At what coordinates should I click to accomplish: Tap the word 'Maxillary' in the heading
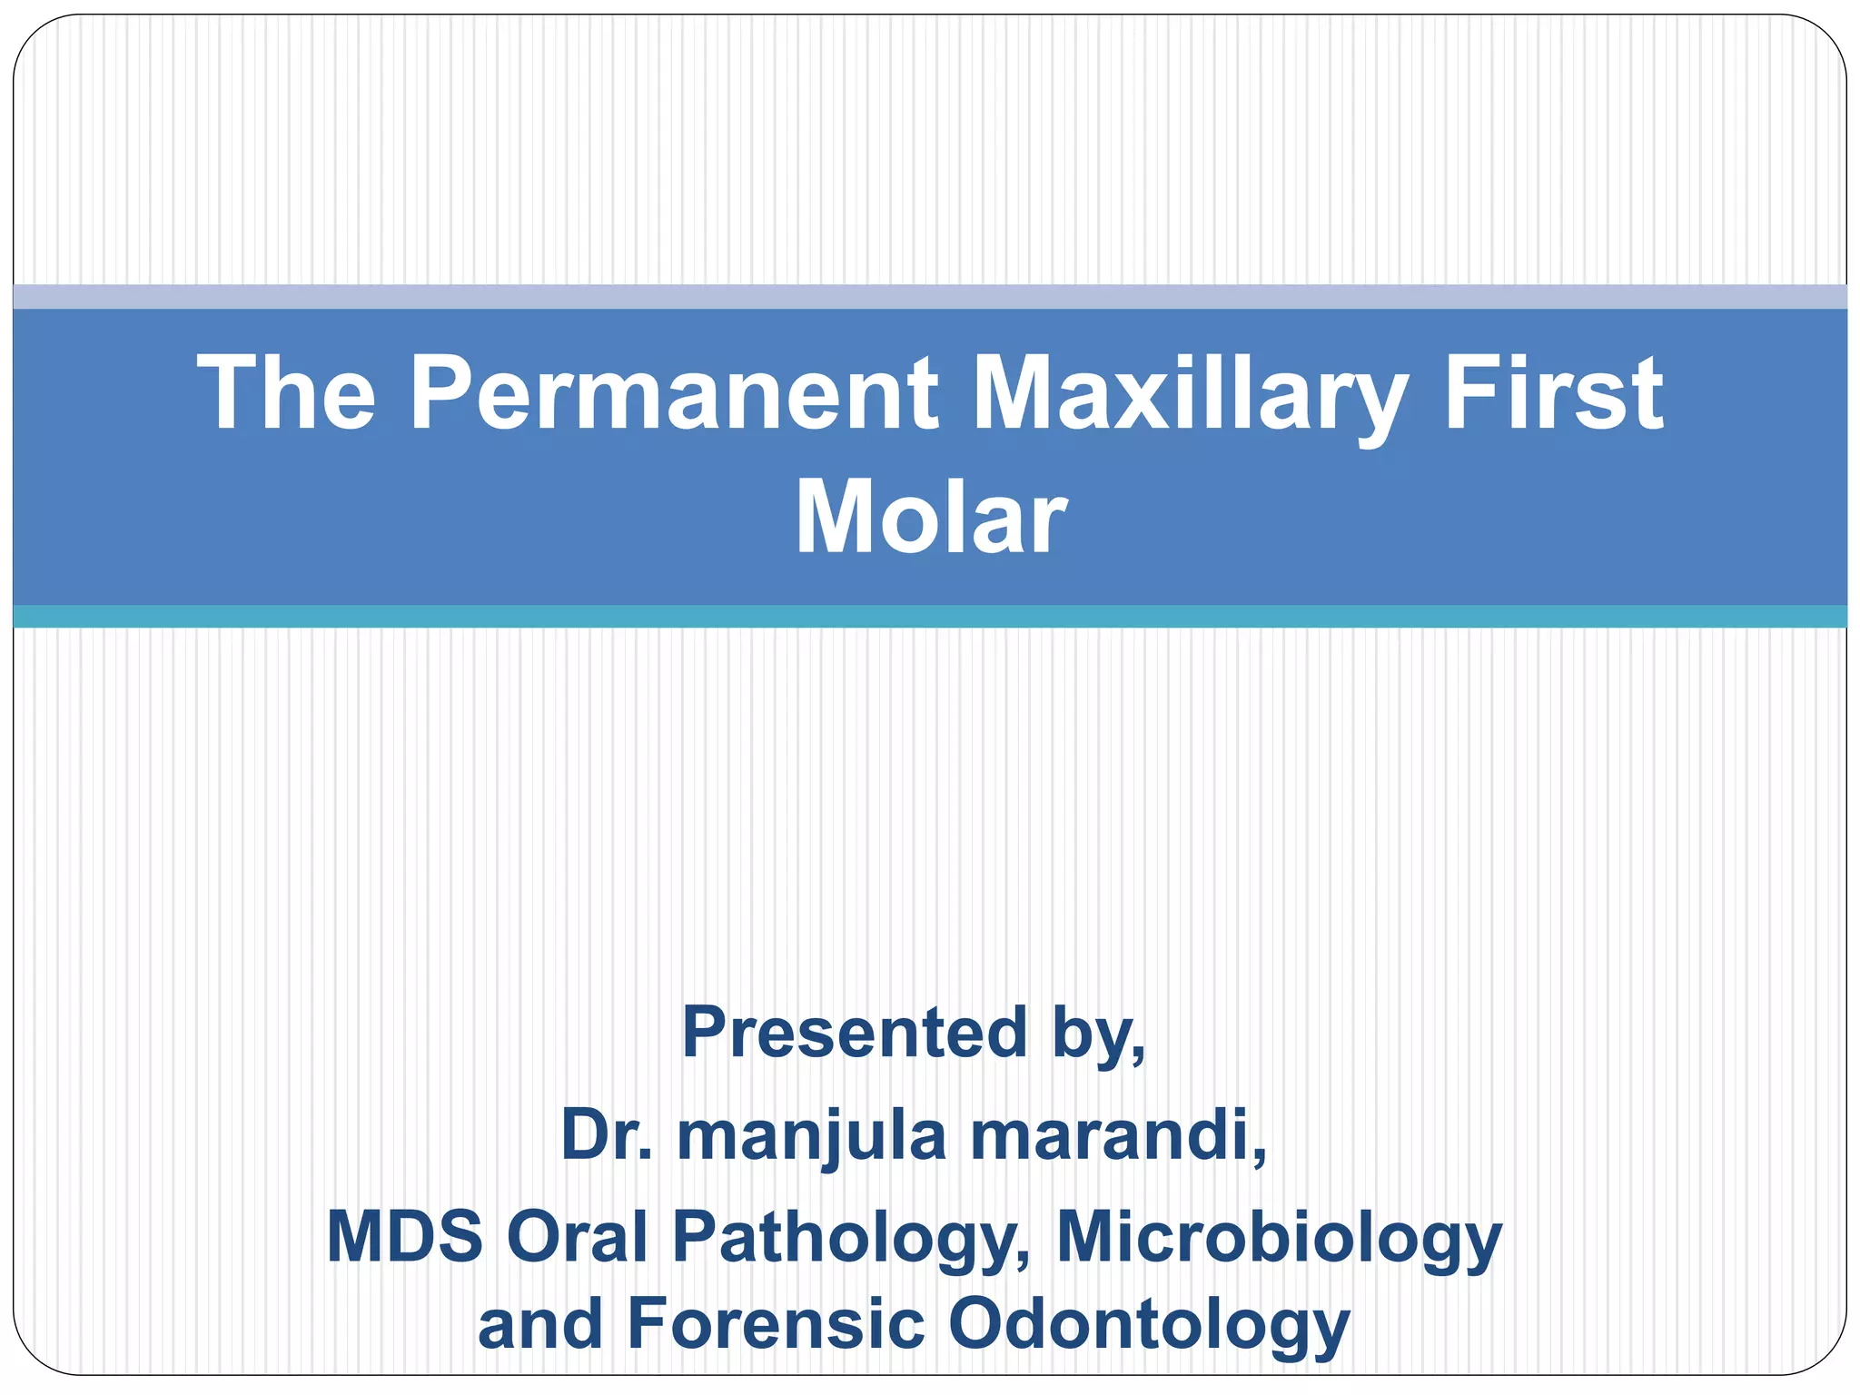click(x=1191, y=392)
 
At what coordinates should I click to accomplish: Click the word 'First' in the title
click(x=1554, y=392)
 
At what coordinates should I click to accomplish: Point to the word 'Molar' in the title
click(x=930, y=518)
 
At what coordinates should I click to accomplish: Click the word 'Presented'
click(x=854, y=1033)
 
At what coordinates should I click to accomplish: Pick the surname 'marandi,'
click(x=1118, y=1134)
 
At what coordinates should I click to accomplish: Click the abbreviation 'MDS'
click(x=404, y=1236)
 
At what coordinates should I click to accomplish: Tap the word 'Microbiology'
click(x=1279, y=1239)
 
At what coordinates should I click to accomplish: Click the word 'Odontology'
click(x=1149, y=1327)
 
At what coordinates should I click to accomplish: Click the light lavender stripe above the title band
click(x=930, y=297)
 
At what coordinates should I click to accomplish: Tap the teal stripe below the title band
click(x=930, y=617)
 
